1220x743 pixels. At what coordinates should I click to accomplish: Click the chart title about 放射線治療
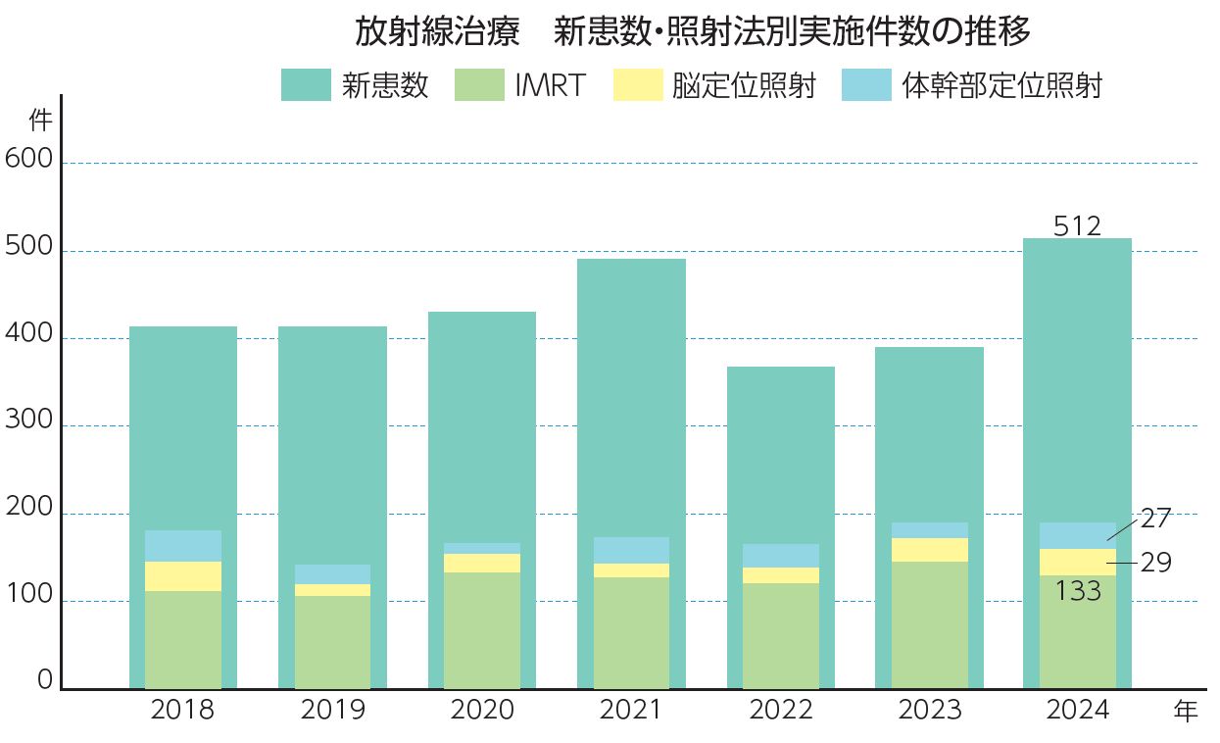693,32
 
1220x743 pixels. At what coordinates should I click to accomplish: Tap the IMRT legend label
550,86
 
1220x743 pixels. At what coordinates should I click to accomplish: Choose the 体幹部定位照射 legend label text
1001,86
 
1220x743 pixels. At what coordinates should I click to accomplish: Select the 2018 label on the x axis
182,711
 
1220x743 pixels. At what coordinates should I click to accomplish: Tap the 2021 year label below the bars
631,711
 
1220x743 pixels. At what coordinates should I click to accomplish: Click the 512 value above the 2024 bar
1077,226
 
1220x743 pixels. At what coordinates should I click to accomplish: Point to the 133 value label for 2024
1078,591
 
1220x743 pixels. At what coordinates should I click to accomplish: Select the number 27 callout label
1156,519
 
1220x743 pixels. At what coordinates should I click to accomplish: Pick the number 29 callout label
1156,563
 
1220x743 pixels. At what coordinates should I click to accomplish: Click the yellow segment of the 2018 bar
183,576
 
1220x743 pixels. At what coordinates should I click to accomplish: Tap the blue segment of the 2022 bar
781,556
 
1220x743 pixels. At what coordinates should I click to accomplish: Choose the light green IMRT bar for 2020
482,630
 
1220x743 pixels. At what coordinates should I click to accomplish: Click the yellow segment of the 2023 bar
930,550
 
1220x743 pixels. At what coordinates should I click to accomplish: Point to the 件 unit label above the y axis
40,122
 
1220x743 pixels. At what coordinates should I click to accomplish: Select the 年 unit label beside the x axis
1186,713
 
